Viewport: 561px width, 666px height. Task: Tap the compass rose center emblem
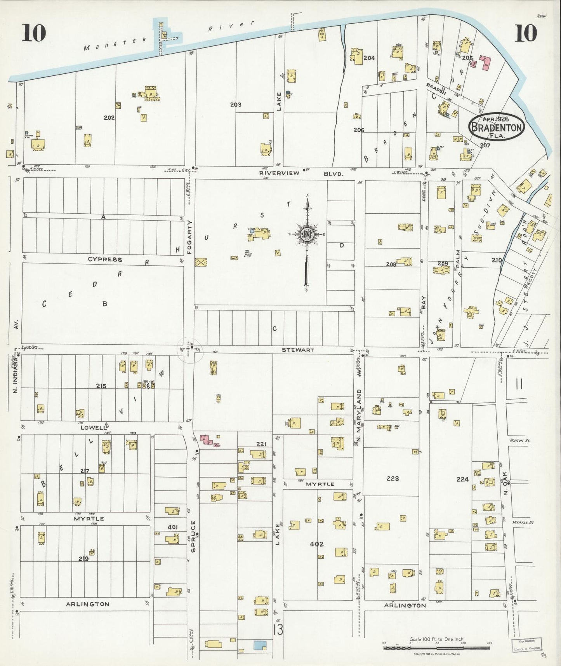(x=307, y=235)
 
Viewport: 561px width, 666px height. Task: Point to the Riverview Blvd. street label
(x=301, y=173)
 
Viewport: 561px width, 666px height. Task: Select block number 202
(x=109, y=117)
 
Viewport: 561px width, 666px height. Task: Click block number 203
(x=235, y=105)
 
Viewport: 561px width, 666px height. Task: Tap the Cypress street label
(x=105, y=259)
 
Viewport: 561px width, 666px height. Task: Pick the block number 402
(x=316, y=544)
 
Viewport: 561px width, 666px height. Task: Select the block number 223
(x=393, y=478)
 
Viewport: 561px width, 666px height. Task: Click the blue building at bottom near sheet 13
(x=260, y=645)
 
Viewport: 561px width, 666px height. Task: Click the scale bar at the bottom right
(x=437, y=648)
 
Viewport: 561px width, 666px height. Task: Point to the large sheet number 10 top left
(x=34, y=33)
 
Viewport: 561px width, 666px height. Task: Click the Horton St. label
(x=521, y=441)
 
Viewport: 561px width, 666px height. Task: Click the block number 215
(x=101, y=386)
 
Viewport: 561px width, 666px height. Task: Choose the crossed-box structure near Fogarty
(x=201, y=262)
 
